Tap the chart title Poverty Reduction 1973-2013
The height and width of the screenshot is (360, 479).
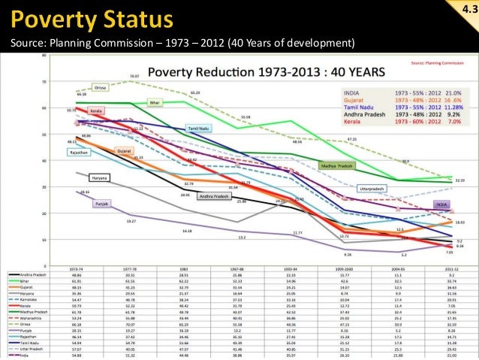pyautogui.click(x=267, y=72)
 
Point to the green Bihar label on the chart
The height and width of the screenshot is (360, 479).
pyautogui.click(x=155, y=101)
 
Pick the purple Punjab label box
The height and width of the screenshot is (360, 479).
pyautogui.click(x=102, y=203)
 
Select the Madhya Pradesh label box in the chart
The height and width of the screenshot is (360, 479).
pyautogui.click(x=336, y=165)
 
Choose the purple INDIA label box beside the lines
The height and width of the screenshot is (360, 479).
pyautogui.click(x=442, y=204)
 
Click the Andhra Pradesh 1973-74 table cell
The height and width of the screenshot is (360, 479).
pyautogui.click(x=75, y=274)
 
